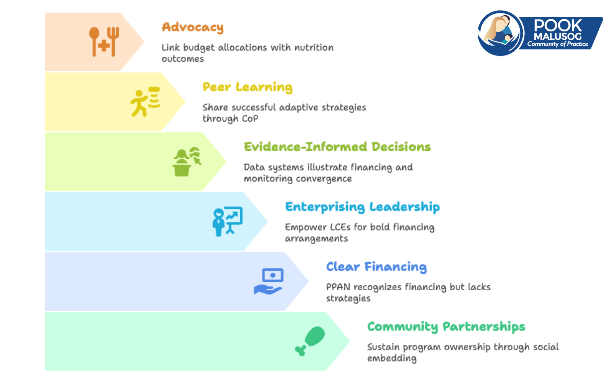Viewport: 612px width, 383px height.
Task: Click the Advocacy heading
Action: pos(193,28)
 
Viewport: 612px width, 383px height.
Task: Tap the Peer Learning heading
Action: pos(247,88)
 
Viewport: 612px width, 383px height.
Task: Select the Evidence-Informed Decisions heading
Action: pos(337,147)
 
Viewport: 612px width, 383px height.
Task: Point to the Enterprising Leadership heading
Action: pos(363,207)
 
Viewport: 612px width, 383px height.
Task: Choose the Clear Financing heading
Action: pos(376,267)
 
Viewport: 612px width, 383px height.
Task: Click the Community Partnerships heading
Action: pos(446,327)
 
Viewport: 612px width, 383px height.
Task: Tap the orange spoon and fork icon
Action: pos(104,42)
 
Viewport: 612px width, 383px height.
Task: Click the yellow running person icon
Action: pos(145,102)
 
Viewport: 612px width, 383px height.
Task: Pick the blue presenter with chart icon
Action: pos(228,222)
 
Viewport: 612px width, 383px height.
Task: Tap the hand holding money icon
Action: pos(269,281)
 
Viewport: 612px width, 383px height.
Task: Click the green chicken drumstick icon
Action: pos(310,341)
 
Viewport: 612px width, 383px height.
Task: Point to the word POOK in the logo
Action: pos(558,25)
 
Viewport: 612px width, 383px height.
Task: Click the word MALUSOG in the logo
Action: pos(558,36)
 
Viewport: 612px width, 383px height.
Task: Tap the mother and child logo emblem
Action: pos(501,33)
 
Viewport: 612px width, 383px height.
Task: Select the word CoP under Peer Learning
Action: pos(250,119)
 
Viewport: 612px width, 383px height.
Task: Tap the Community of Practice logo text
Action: pos(557,44)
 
